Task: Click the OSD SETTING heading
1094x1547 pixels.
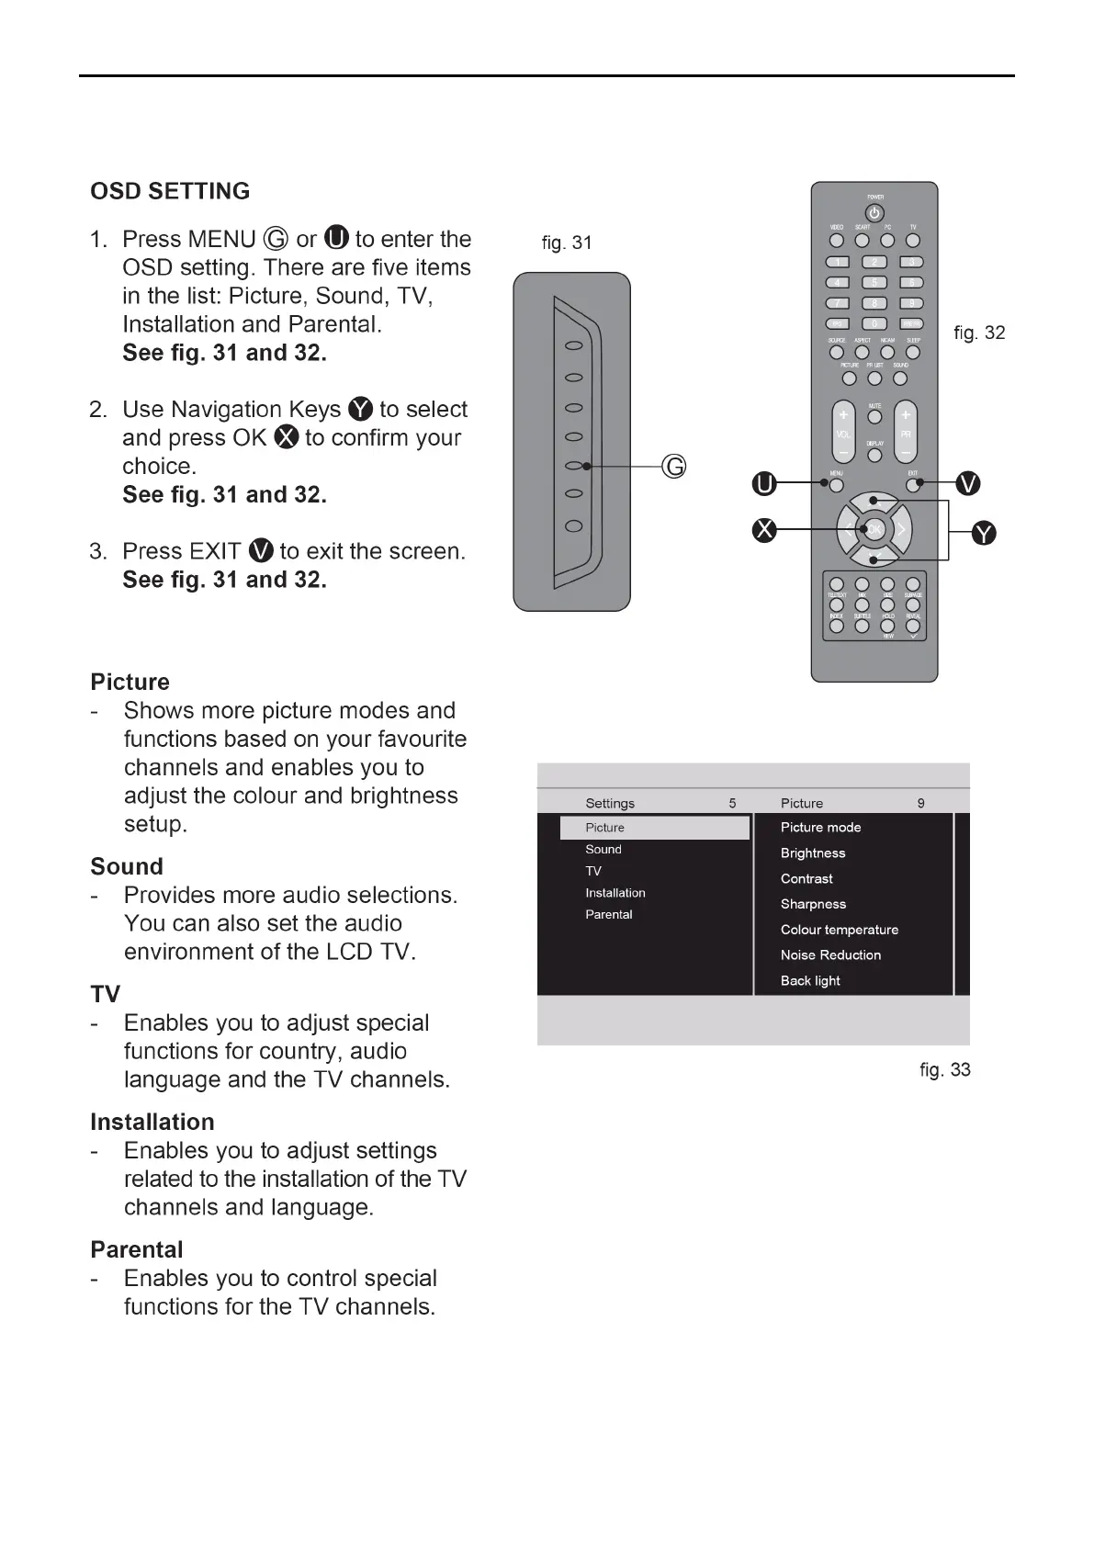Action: (170, 191)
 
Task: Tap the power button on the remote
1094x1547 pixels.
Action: (875, 213)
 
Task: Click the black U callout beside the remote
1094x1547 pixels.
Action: (763, 483)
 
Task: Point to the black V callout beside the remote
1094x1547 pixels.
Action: (968, 483)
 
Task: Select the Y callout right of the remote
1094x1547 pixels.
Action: (983, 533)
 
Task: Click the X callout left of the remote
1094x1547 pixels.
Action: (763, 530)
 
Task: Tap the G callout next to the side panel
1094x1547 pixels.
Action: (674, 467)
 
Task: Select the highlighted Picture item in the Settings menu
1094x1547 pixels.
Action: (654, 828)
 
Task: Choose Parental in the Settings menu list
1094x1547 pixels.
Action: (608, 915)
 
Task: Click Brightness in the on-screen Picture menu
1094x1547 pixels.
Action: (813, 853)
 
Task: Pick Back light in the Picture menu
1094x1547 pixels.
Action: (810, 981)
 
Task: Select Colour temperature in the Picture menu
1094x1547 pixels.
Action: (840, 930)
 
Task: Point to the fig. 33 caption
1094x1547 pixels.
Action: (944, 1070)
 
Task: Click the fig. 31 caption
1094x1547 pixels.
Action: (567, 243)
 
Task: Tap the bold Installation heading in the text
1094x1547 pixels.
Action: (152, 1123)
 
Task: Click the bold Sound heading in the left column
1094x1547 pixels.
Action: (127, 867)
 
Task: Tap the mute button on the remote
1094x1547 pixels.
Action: (874, 417)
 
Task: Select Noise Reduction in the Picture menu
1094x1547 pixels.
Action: (830, 955)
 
